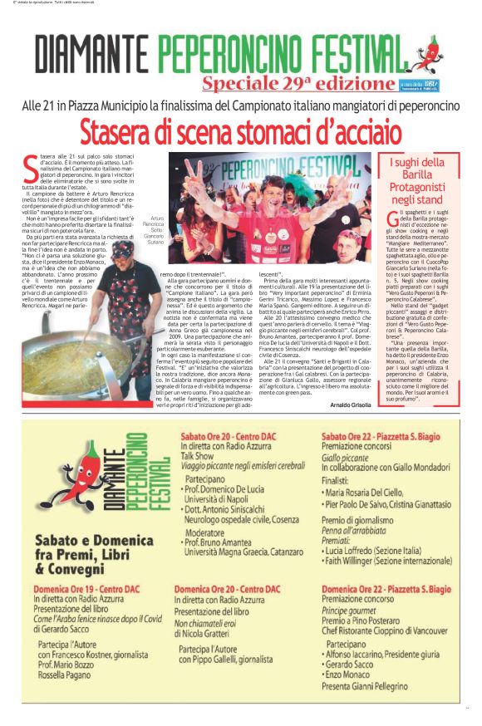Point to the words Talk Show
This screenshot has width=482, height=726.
tap(199, 456)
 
